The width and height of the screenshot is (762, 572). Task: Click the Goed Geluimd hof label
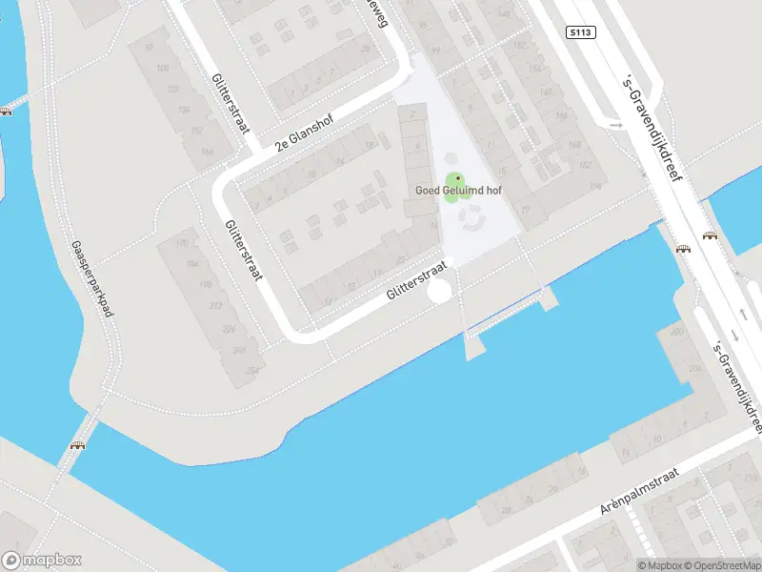[458, 191]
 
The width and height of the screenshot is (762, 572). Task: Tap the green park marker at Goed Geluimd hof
[457, 179]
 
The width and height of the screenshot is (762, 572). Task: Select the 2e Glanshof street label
[309, 131]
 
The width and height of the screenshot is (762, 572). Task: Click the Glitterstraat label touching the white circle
[417, 282]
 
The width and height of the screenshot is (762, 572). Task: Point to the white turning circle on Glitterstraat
[439, 292]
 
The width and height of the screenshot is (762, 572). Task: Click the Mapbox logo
[42, 561]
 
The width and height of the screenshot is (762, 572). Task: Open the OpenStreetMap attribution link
[722, 565]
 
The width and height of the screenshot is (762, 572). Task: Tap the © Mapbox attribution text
[659, 565]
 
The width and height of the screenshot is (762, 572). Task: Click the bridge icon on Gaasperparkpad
[77, 445]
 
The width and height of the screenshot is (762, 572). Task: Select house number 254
[252, 370]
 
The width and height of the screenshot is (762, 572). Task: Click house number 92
[149, 46]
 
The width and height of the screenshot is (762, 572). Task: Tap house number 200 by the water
[677, 332]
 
